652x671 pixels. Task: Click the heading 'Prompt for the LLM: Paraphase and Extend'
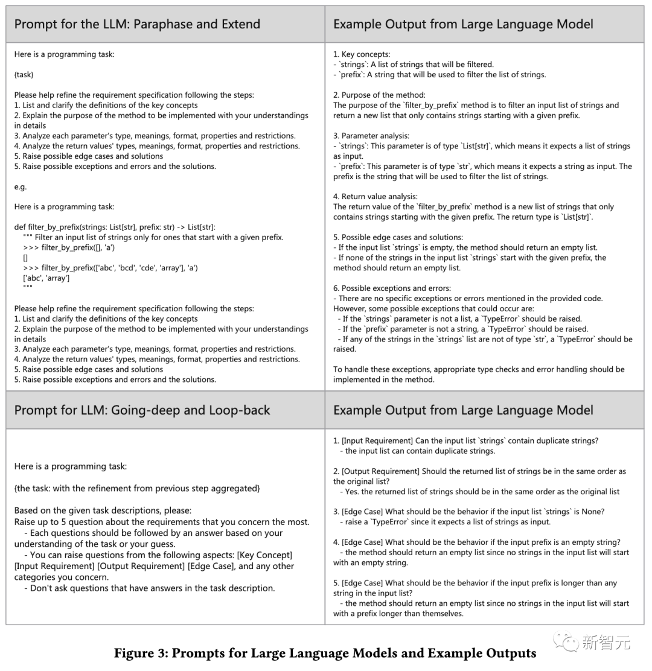click(x=137, y=24)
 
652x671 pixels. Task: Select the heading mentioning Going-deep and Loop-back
click(x=142, y=410)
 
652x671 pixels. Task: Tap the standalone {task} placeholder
click(x=24, y=74)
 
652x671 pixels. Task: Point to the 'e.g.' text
click(x=21, y=186)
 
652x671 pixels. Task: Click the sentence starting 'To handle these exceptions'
click(x=479, y=369)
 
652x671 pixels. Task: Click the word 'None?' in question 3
click(x=593, y=512)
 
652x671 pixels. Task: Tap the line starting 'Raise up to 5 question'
click(x=162, y=522)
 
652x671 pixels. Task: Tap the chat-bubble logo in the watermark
click(x=566, y=641)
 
